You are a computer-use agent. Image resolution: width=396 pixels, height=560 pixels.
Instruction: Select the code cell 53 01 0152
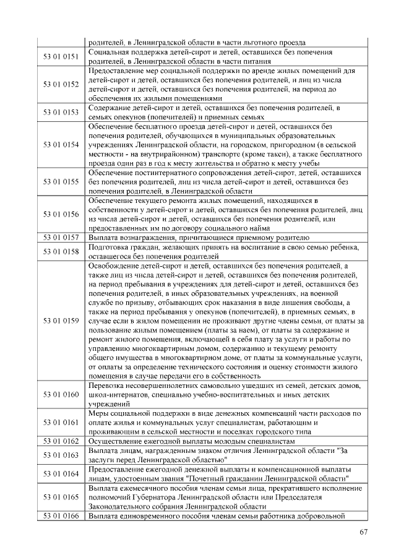pyautogui.click(x=61, y=84)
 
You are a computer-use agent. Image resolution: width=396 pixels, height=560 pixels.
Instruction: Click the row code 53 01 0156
pyautogui.click(x=61, y=214)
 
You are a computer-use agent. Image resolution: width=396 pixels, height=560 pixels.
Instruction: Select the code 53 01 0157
pyautogui.click(x=61, y=237)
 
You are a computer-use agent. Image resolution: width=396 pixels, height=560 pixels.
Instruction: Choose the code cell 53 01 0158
pyautogui.click(x=61, y=251)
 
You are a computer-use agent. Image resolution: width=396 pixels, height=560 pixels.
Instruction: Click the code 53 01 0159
pyautogui.click(x=61, y=321)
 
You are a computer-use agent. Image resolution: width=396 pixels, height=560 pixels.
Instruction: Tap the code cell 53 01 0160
pyautogui.click(x=61, y=394)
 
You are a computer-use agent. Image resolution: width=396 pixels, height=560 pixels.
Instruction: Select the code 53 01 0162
pyautogui.click(x=61, y=441)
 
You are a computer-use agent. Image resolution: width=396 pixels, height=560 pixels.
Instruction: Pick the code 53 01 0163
pyautogui.click(x=61, y=455)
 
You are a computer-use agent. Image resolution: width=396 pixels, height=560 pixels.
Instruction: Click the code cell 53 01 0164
pyautogui.click(x=61, y=474)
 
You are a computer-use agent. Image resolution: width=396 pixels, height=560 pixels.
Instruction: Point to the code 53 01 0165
pyautogui.click(x=61, y=497)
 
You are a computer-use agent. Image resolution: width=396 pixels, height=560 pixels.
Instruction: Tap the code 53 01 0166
pyautogui.click(x=61, y=515)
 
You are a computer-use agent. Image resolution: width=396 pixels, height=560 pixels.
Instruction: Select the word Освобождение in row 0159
pyautogui.click(x=114, y=265)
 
